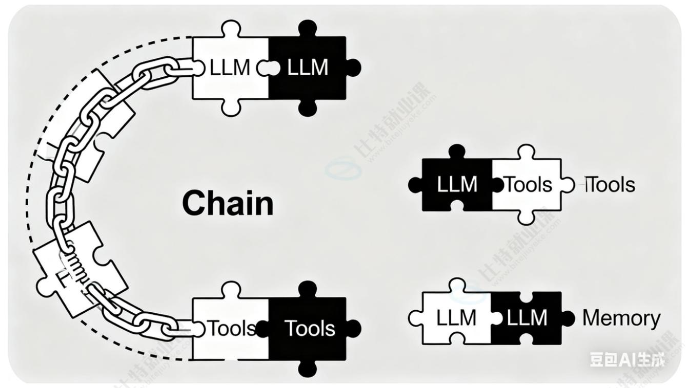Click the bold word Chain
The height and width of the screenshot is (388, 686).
pyautogui.click(x=228, y=203)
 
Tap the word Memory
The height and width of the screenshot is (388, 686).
pyautogui.click(x=621, y=318)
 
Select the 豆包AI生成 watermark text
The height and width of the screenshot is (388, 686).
pyautogui.click(x=627, y=359)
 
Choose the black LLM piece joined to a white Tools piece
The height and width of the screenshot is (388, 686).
pyautogui.click(x=457, y=184)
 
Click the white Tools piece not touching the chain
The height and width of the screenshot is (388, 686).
pyautogui.click(x=528, y=184)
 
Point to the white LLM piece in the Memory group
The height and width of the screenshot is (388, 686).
pyautogui.click(x=455, y=318)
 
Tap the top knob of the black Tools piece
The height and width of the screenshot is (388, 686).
pyautogui.click(x=307, y=288)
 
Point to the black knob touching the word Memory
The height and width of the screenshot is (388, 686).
pyautogui.click(x=568, y=318)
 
